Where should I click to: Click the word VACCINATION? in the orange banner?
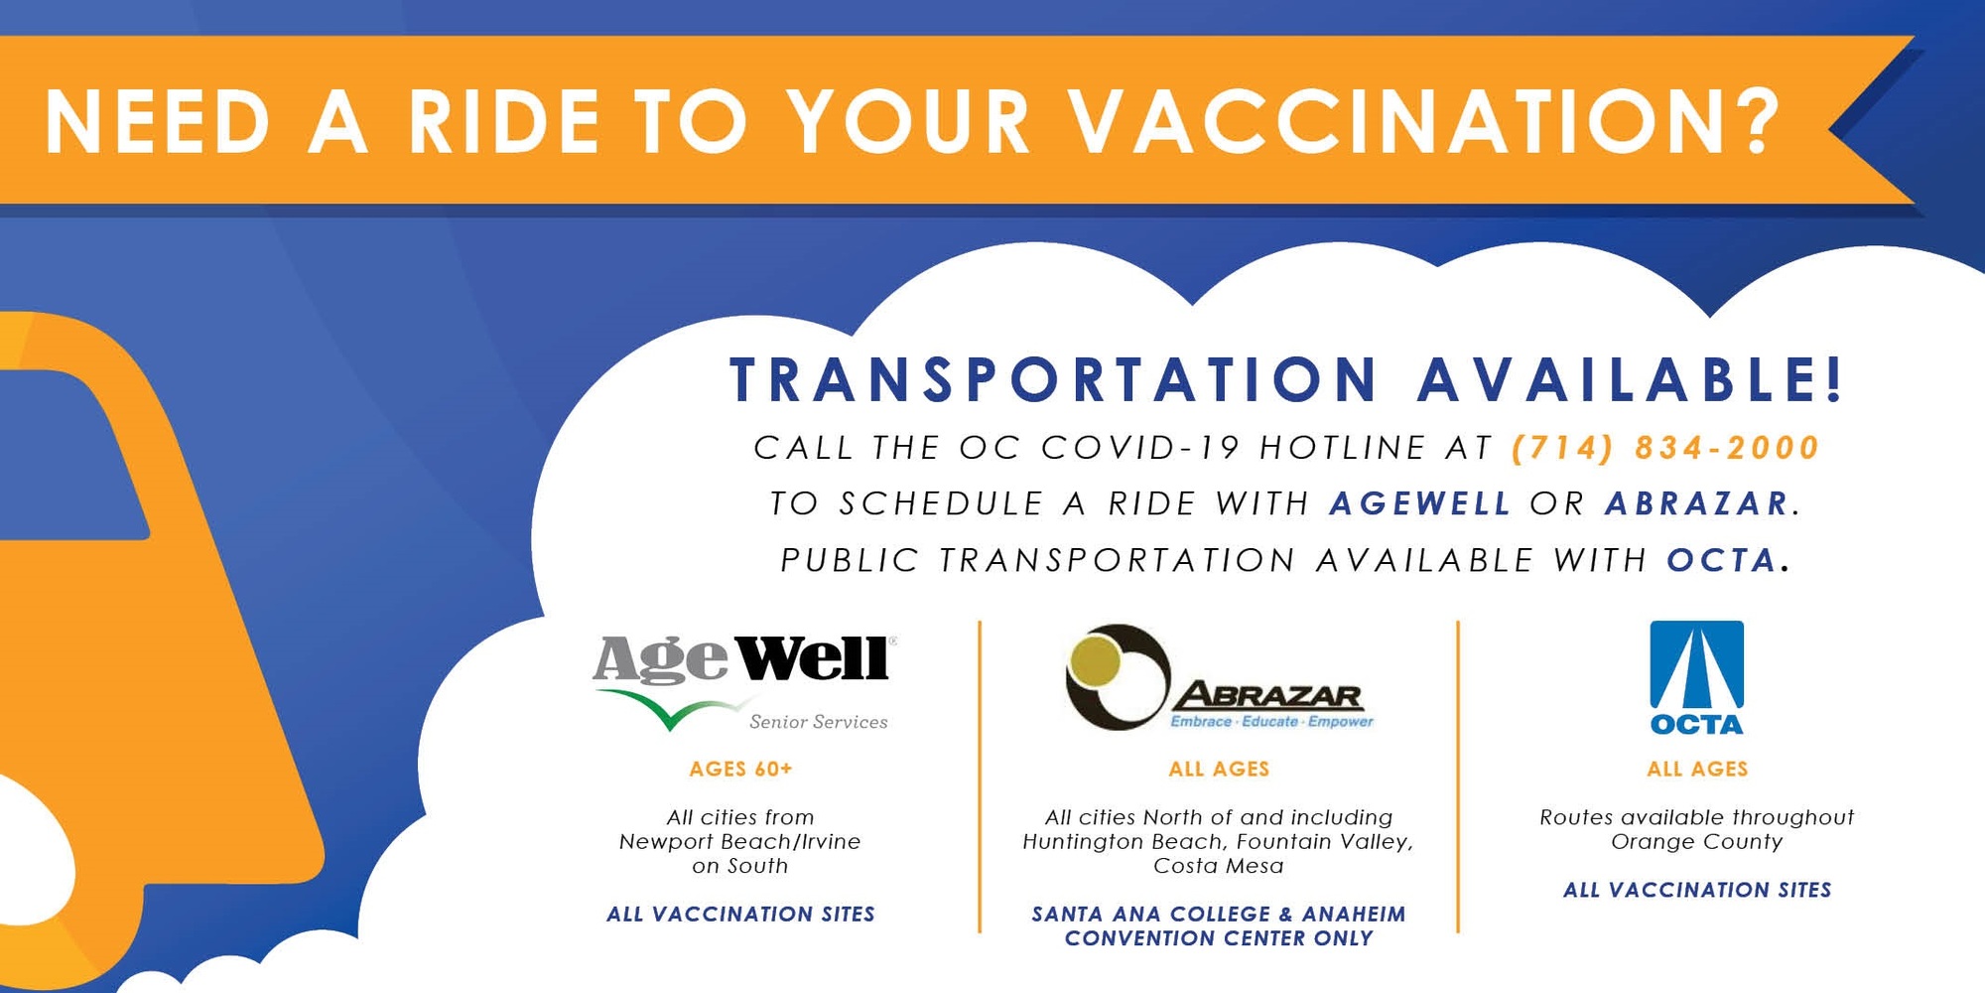(x=1425, y=122)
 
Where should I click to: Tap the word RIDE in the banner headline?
(x=504, y=122)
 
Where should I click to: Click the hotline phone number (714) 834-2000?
(x=1665, y=448)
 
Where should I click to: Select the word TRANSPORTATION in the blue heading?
(x=1054, y=379)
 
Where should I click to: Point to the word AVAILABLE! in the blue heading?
(x=1630, y=379)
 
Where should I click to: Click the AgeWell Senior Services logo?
(x=744, y=683)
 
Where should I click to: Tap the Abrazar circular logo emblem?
(x=1118, y=677)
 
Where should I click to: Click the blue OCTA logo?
(x=1696, y=678)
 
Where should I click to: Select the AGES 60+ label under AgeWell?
(x=741, y=769)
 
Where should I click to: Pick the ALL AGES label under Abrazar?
(x=1219, y=769)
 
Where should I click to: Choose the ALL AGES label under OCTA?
(x=1697, y=769)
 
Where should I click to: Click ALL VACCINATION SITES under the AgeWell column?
(x=741, y=914)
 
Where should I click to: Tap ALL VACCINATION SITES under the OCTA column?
(x=1697, y=890)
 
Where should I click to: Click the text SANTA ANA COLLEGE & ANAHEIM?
(x=1219, y=914)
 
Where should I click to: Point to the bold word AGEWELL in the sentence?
(x=1420, y=503)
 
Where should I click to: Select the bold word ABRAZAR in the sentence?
(x=1697, y=503)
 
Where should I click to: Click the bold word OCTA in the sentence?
(x=1721, y=560)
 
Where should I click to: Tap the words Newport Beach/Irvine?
(x=740, y=841)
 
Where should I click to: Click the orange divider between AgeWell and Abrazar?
(x=980, y=777)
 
